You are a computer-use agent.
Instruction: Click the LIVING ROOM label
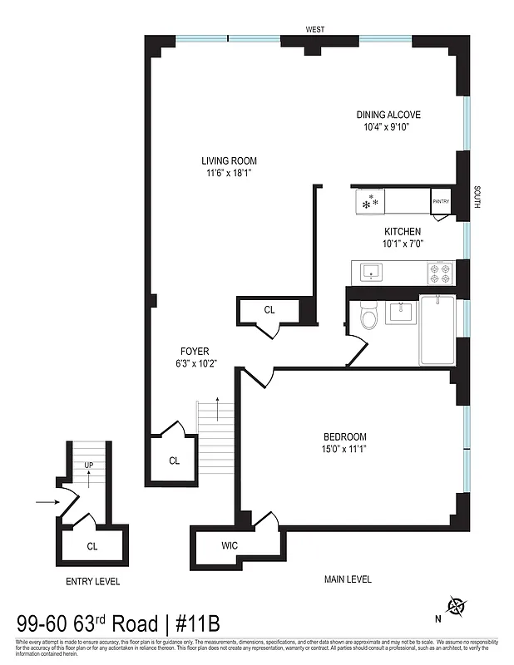pos(229,160)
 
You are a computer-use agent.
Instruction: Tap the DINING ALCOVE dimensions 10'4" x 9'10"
pos(388,127)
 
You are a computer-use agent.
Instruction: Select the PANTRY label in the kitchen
pos(440,200)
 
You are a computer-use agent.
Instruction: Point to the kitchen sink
pos(368,270)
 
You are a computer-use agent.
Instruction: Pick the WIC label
pos(230,546)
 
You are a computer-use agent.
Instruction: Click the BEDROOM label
pos(344,437)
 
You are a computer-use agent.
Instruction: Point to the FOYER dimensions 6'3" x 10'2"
pos(195,363)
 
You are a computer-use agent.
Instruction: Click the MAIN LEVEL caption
pos(348,579)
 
